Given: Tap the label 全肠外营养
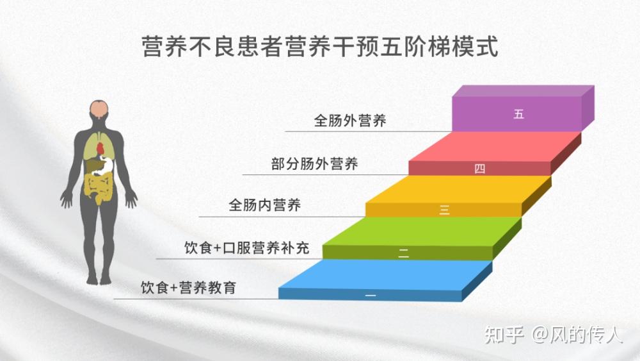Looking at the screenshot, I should coord(350,120).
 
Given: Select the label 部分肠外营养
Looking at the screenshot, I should coord(314,164).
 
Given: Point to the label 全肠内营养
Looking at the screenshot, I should coord(264,206).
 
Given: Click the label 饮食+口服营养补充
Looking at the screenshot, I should coord(246,248).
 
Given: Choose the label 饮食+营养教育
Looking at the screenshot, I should coord(188,288).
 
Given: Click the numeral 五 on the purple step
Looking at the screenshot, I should coord(518,115).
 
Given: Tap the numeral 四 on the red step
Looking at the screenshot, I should coord(480,169).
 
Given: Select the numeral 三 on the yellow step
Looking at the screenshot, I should coord(444,210).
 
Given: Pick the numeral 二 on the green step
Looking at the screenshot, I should coord(404,252).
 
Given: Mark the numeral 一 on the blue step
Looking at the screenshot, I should coord(370,295).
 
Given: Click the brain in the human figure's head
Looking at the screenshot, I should coord(99,110).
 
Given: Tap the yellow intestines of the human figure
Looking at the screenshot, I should coord(99,187).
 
